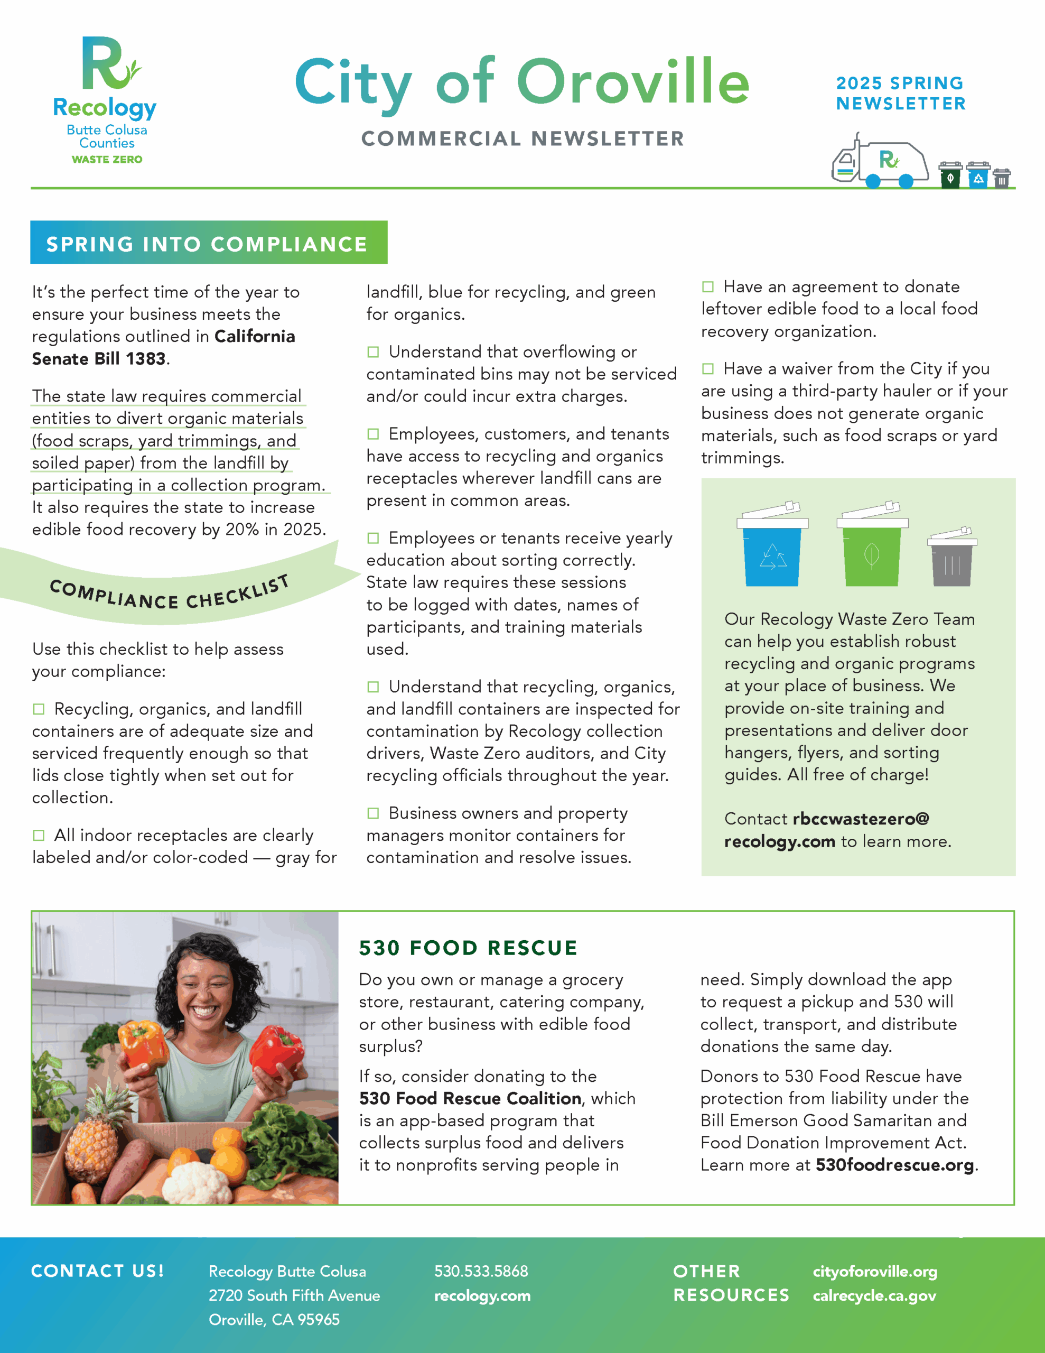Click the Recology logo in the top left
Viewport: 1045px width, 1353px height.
point(106,99)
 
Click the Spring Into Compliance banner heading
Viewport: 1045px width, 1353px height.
point(208,244)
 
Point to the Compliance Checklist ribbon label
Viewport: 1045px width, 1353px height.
point(169,593)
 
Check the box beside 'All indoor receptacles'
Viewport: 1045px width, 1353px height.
point(39,835)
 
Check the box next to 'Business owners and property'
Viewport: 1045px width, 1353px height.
point(373,813)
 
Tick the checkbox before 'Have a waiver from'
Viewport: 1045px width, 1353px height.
point(707,368)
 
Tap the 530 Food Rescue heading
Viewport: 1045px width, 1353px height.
point(468,948)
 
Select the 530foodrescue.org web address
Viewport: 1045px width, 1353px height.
point(894,1165)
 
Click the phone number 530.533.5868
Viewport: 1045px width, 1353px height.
point(481,1271)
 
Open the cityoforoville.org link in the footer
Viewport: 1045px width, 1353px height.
point(875,1271)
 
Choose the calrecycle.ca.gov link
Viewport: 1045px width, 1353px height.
point(874,1295)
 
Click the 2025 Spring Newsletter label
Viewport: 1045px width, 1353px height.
point(900,93)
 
